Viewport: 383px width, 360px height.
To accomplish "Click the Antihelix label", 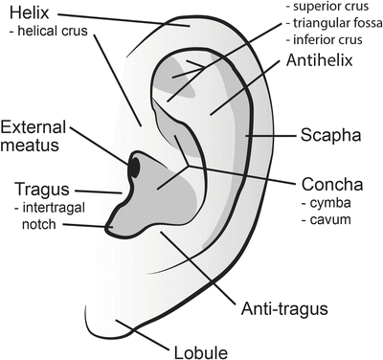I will [322, 63].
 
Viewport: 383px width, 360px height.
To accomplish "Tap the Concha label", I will [331, 184].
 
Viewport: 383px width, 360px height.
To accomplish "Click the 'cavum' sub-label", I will [329, 220].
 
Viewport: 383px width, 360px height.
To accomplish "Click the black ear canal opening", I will [135, 168].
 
